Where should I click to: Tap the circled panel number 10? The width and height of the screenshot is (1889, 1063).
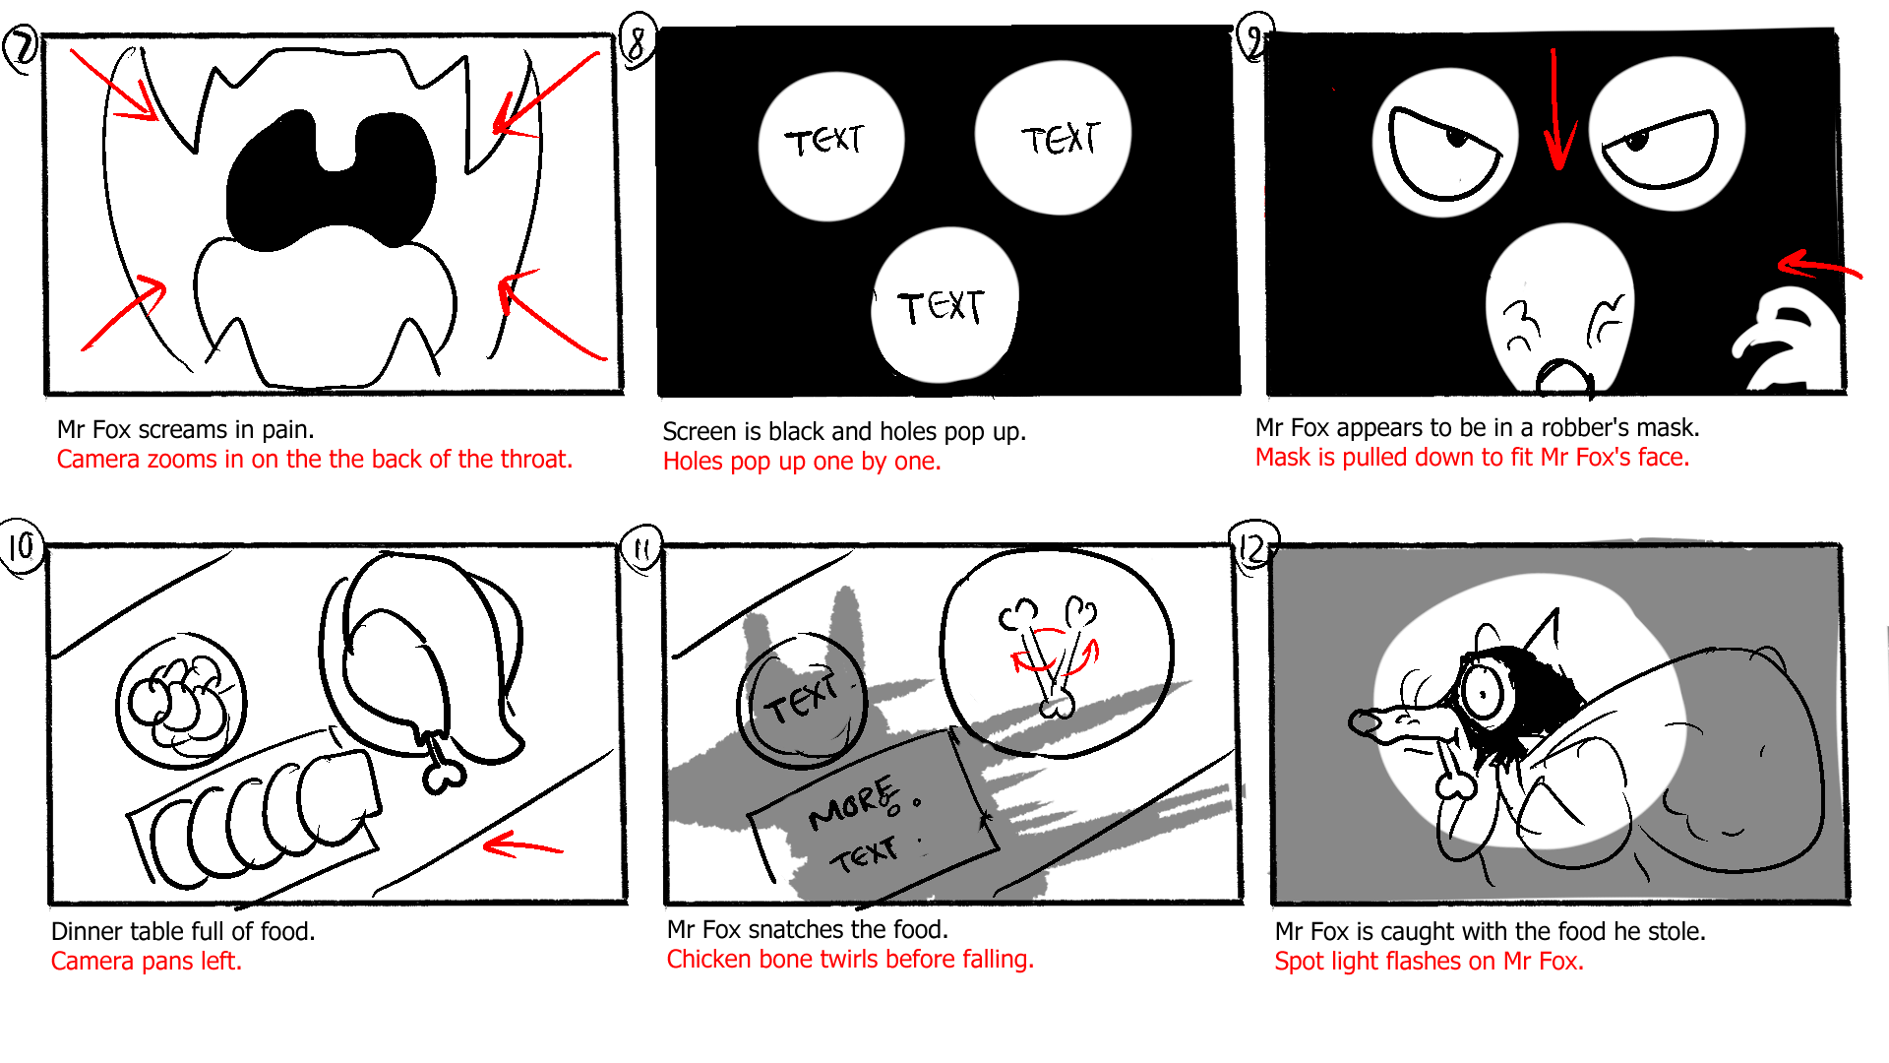pyautogui.click(x=21, y=546)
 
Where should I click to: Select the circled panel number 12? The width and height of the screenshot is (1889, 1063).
pyautogui.click(x=1251, y=547)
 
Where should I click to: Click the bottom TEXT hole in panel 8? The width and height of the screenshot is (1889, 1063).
pyautogui.click(x=943, y=306)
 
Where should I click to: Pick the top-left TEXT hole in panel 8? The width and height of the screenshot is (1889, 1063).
pyautogui.click(x=828, y=146)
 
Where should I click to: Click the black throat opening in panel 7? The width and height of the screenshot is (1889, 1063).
pyautogui.click(x=330, y=182)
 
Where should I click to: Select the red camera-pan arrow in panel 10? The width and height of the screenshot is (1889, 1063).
pyautogui.click(x=521, y=844)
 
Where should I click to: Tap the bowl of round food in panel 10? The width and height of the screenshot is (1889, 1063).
pyautogui.click(x=181, y=701)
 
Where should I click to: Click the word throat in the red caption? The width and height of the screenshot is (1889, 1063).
pyautogui.click(x=535, y=460)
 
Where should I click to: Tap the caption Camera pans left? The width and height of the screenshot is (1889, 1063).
pyautogui.click(x=146, y=962)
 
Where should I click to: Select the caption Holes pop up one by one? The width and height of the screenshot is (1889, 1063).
pyautogui.click(x=801, y=462)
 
